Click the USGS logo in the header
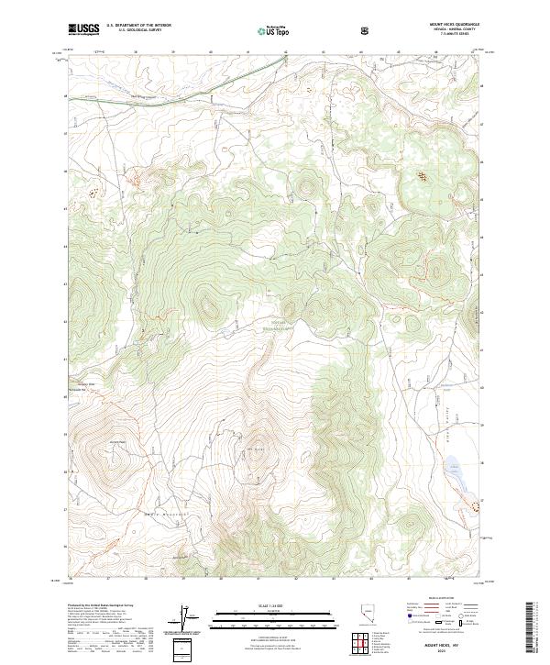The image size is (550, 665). click(x=82, y=29)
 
